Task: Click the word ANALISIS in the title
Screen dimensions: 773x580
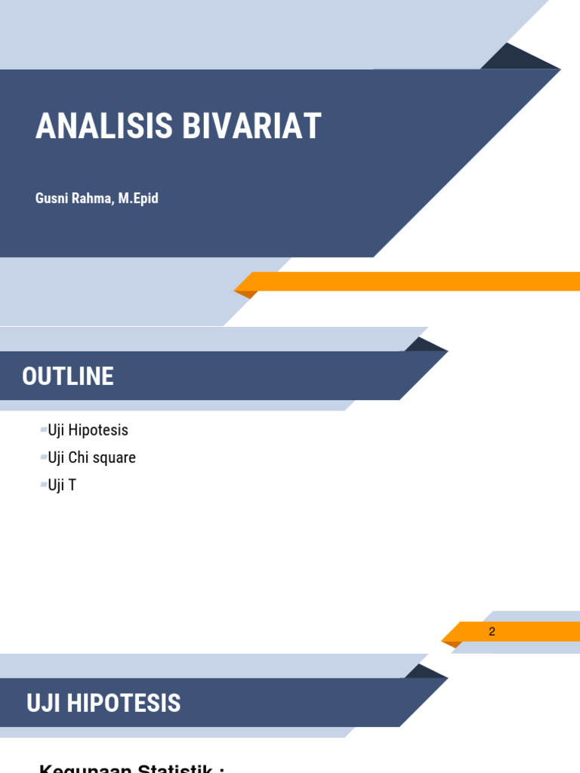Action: click(103, 126)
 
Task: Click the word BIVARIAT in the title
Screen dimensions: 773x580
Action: click(251, 126)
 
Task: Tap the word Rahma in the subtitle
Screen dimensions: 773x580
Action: click(94, 199)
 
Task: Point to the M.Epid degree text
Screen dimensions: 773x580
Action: click(138, 199)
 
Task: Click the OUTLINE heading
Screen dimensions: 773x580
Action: click(68, 376)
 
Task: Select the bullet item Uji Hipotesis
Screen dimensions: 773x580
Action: click(88, 430)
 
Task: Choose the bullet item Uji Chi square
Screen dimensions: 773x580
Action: click(91, 457)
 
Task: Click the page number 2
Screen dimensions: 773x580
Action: click(492, 631)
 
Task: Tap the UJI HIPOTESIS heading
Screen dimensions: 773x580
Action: click(103, 703)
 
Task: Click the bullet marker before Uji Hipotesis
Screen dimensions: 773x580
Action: click(43, 430)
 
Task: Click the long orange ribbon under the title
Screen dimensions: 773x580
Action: click(415, 282)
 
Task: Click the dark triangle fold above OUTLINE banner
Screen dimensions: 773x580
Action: click(424, 346)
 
